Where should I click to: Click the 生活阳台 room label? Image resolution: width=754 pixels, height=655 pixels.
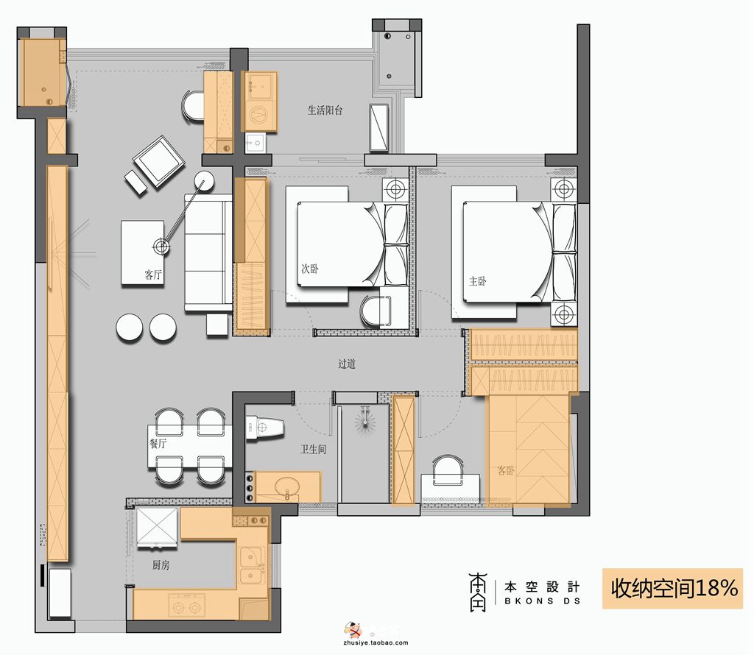pos(325,110)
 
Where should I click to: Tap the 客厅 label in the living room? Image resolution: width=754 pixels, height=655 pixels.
pos(153,275)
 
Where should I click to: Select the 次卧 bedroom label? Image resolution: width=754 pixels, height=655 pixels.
pos(310,268)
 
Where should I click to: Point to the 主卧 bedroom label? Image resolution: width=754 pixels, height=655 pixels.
pos(477,280)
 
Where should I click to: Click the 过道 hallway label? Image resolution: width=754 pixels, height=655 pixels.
pos(347,364)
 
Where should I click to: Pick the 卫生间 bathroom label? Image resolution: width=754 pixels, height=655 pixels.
pos(314,449)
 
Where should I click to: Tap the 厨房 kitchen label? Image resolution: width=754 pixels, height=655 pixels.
pos(161,565)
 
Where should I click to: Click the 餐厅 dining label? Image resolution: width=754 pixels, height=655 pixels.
pos(158,443)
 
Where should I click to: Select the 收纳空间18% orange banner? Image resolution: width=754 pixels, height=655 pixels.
pos(673,588)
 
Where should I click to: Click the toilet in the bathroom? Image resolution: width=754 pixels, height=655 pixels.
pos(264,427)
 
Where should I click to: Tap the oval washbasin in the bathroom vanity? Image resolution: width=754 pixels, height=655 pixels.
pos(288,486)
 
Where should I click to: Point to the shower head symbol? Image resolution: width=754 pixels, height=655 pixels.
pos(365,421)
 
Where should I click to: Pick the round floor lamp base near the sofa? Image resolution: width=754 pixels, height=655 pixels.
pos(205,181)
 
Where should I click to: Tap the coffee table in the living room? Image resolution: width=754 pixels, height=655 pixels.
pos(144,252)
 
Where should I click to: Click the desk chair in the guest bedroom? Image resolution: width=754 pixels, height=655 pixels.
pos(448,470)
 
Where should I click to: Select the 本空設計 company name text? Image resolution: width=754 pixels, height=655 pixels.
pos(542,587)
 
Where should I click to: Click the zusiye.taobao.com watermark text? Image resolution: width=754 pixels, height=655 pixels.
pos(376,642)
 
